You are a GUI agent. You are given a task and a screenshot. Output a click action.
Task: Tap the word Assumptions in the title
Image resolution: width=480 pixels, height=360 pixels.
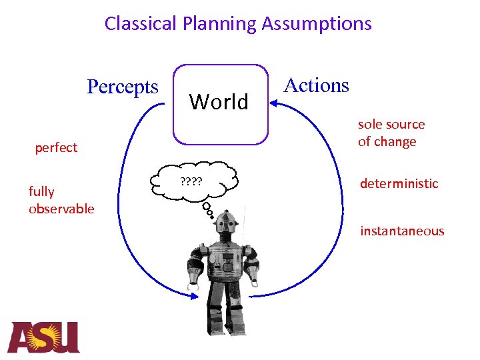[x=317, y=24]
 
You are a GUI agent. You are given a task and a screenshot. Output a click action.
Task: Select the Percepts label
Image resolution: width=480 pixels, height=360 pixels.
[x=123, y=87]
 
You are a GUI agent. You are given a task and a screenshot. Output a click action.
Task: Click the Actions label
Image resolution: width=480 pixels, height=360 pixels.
[x=316, y=85]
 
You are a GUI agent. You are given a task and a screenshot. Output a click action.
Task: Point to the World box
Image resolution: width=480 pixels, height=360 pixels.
[x=220, y=103]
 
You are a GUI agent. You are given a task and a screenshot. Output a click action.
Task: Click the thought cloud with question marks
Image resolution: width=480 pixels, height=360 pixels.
[x=193, y=181]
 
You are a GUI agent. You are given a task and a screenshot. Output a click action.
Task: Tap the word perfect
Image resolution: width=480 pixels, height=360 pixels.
[x=56, y=147]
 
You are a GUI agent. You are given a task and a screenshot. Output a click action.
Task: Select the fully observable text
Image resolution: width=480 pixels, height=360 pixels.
[x=61, y=200]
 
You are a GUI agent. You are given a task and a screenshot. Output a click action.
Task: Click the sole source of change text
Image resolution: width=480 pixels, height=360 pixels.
[x=391, y=133]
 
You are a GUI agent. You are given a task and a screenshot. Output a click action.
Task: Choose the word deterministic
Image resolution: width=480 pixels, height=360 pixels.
[x=399, y=183]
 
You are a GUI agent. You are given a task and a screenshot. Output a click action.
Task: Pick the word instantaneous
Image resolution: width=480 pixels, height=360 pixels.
[x=402, y=231]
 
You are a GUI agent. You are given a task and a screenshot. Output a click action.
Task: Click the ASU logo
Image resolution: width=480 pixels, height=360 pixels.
[x=44, y=337]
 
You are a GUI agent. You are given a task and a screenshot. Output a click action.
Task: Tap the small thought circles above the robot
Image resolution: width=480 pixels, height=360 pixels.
[x=208, y=210]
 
